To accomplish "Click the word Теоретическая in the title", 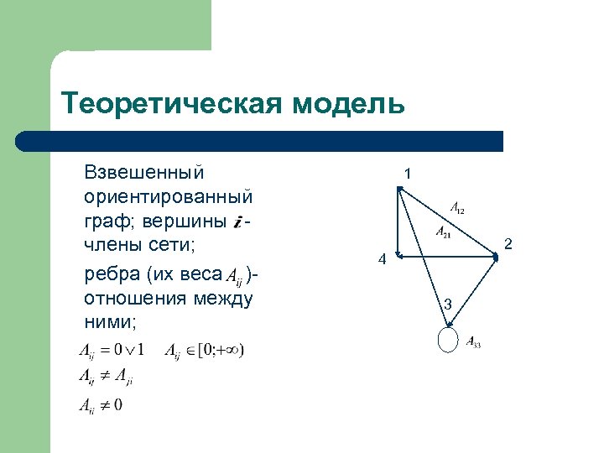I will point(172,104).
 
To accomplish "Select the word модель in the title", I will point(349,104).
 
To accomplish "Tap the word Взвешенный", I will point(143,173).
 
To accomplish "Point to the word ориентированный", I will point(169,197).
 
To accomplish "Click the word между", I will point(225,299).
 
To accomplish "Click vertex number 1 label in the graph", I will point(407,174).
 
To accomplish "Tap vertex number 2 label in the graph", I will point(507,244).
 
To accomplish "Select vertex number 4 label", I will point(381,260).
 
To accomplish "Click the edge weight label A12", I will point(457,206).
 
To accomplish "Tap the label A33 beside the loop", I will point(473,342).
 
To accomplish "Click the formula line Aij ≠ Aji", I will point(106,377).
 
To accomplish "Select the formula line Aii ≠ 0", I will point(101,406).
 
